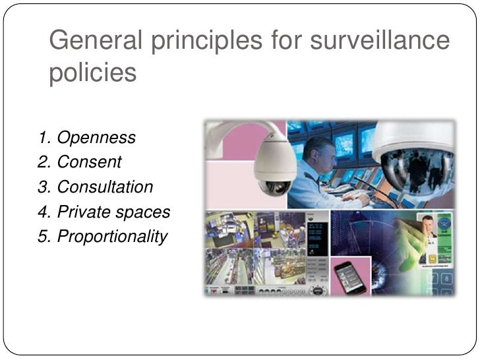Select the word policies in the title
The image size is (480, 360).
pos(92,73)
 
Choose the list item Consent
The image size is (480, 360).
pos(89,162)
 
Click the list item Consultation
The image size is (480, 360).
pos(105,187)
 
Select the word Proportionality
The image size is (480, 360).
pos(112,236)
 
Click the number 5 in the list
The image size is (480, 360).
pos(43,236)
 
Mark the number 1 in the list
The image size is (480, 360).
pos(44,138)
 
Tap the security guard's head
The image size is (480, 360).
pos(320,152)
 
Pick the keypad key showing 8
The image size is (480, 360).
pos(446,280)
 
